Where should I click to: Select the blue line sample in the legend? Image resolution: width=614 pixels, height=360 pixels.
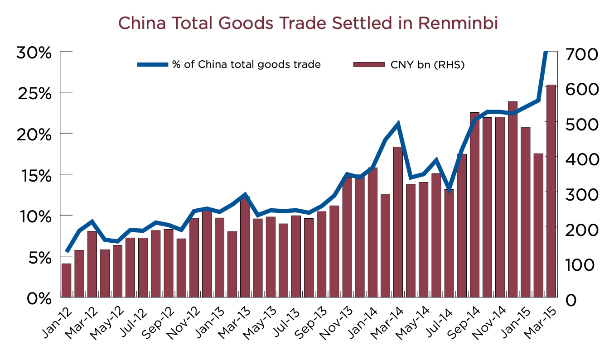click(x=153, y=65)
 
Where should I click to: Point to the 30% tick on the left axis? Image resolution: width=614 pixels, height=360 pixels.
click(x=34, y=53)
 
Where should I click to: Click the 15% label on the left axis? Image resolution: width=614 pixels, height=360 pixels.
click(x=34, y=176)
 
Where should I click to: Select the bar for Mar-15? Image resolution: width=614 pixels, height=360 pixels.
click(x=551, y=190)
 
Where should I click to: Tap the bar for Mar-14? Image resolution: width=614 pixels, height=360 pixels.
click(x=398, y=222)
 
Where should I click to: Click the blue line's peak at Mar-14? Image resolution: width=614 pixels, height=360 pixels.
click(x=398, y=124)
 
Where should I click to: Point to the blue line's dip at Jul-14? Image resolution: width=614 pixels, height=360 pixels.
click(x=449, y=191)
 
